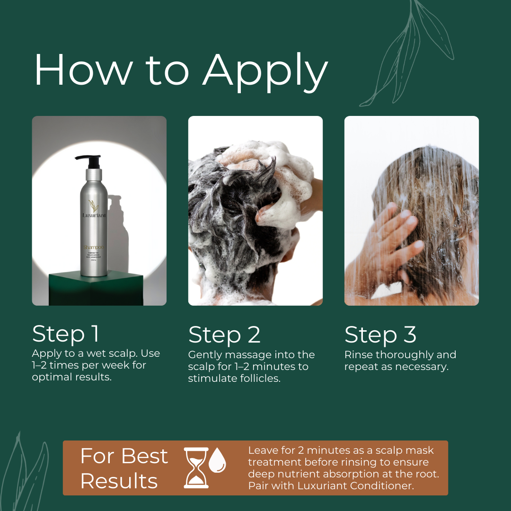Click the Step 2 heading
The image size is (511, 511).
[224, 335]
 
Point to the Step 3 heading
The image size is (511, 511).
[380, 335]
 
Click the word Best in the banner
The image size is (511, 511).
[144, 456]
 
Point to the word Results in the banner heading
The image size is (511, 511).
[119, 481]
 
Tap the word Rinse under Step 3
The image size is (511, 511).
[359, 355]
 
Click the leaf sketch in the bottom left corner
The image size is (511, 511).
[26, 473]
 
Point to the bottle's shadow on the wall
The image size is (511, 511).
[118, 227]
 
